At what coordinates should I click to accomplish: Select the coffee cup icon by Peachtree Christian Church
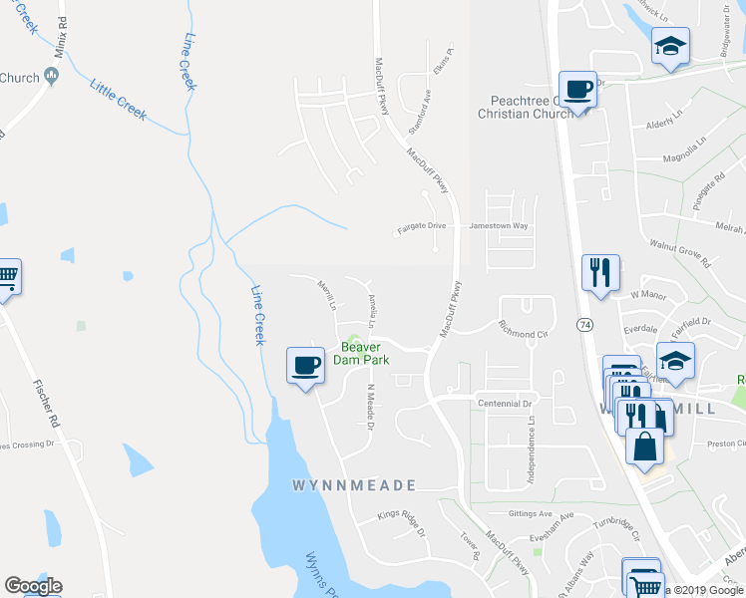coord(577,89)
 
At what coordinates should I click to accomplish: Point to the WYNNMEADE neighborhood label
coord(354,485)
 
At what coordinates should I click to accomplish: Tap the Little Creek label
coord(119,100)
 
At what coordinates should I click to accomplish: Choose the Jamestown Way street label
coord(499,227)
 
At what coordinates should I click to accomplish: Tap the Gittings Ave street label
coord(529,514)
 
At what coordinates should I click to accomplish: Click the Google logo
coord(33,586)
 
